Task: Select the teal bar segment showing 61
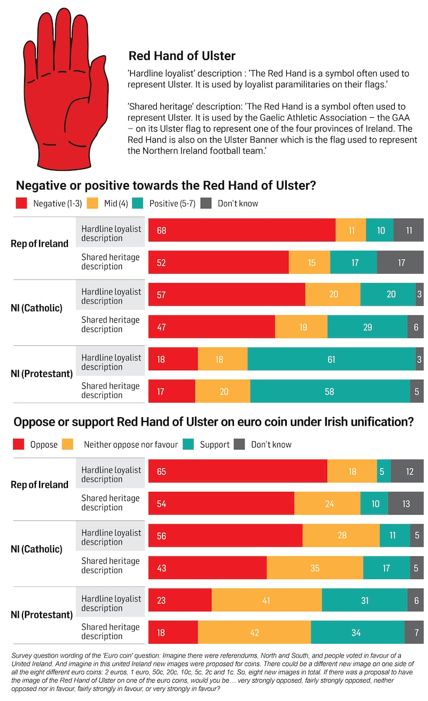pos(331,359)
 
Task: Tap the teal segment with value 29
pos(367,327)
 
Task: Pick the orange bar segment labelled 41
pos(266,601)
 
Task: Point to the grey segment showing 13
pos(406,503)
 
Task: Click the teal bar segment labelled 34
pos(356,633)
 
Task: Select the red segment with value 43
pos(207,568)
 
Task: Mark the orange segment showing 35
pos(315,568)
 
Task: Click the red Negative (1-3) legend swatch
pos(21,203)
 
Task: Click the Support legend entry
pos(214,444)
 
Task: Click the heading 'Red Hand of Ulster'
pos(182,56)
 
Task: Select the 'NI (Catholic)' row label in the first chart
pos(36,308)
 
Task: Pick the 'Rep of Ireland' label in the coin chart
pos(40,485)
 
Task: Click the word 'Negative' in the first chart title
pos(41,186)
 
